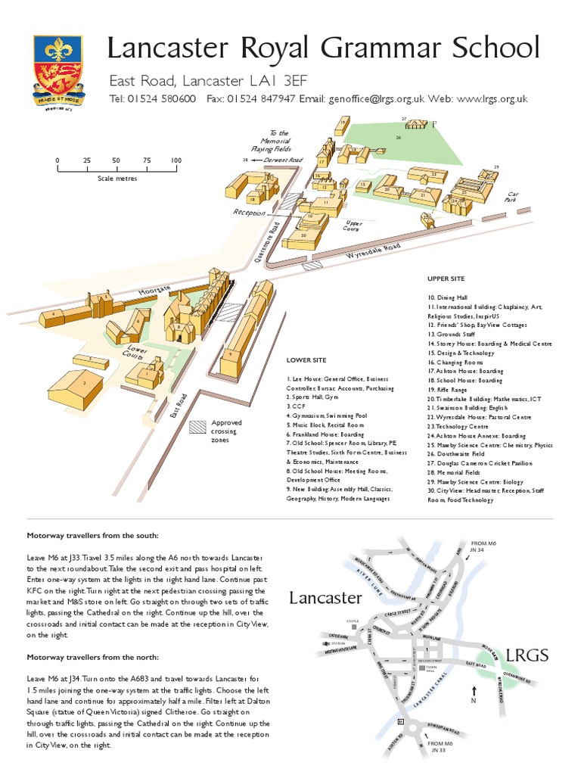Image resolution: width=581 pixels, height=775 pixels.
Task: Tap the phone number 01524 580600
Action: pos(163,99)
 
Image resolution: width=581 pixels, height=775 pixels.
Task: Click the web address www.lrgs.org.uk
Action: pos(492,99)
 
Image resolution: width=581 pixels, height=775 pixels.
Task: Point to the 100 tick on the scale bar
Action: pos(176,160)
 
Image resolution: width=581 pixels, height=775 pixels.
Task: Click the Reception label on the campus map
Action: pos(250,213)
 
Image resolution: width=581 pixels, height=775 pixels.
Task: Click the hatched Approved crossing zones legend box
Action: pos(197,426)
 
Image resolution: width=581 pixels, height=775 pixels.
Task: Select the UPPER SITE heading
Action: pos(446,279)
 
